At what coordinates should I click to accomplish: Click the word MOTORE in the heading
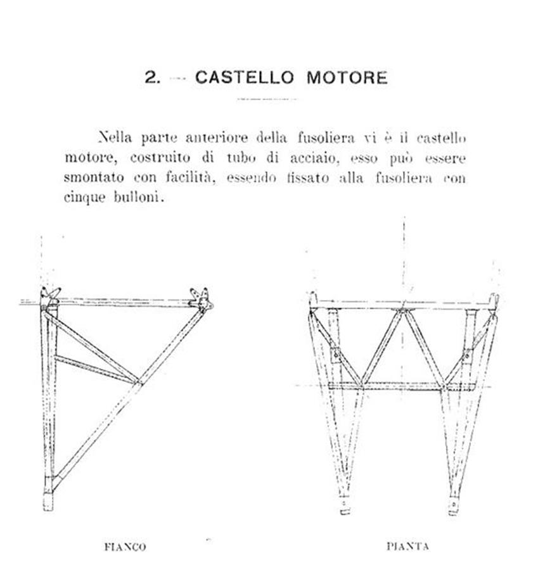click(347, 77)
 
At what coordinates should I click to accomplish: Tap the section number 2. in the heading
click(153, 77)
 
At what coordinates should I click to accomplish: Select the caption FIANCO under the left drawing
click(125, 547)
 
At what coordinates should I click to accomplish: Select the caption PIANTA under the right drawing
click(407, 546)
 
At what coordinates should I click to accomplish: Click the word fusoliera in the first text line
click(326, 138)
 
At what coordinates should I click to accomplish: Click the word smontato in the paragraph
click(94, 177)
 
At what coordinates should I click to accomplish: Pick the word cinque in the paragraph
click(85, 198)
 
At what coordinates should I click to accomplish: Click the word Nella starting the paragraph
click(115, 138)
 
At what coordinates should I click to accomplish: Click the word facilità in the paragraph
click(190, 177)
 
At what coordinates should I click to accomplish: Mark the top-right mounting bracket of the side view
click(201, 299)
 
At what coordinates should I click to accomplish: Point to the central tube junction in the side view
click(138, 383)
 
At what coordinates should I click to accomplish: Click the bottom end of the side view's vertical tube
click(48, 510)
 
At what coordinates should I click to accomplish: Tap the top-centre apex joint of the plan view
click(402, 310)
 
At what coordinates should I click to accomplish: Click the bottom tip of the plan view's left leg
click(345, 513)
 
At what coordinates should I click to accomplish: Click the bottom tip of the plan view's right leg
click(453, 514)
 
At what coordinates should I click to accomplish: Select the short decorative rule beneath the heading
click(267, 99)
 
